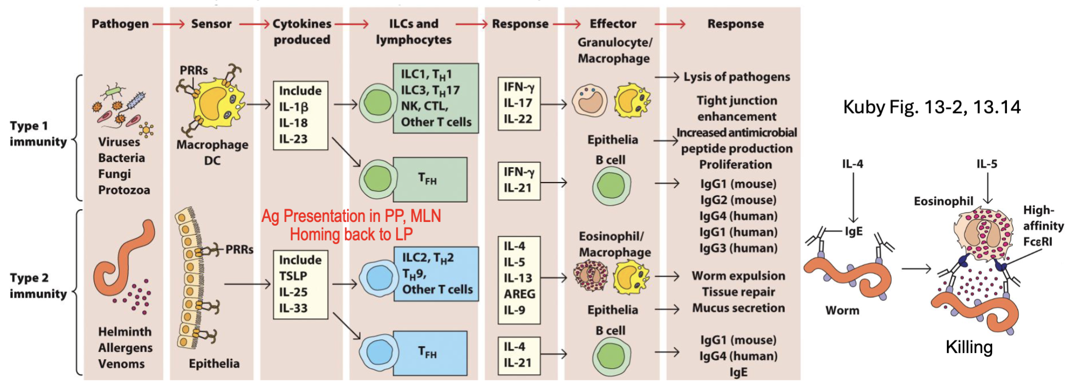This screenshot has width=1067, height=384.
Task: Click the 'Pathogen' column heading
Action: pos(120,24)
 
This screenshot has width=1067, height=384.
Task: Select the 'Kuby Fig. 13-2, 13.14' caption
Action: pos(931,107)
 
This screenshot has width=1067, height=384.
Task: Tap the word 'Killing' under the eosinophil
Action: pos(969,347)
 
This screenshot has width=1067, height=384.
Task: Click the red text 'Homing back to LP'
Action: pos(351,234)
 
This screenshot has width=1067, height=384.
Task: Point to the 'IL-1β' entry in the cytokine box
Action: pos(293,107)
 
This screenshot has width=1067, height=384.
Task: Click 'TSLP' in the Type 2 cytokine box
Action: pos(293,276)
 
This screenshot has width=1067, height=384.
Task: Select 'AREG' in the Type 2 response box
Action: pos(519,294)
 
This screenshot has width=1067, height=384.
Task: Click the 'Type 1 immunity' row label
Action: pos(38,134)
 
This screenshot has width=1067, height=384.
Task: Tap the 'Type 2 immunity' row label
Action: pos(38,286)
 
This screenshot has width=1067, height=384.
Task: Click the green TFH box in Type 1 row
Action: pos(429,179)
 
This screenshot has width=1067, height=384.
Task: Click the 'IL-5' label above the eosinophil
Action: pos(986,164)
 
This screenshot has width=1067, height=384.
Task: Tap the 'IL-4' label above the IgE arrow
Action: pos(852,164)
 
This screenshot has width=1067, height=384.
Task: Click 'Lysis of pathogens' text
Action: pos(736,77)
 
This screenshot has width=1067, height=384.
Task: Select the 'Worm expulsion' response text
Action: pos(738,276)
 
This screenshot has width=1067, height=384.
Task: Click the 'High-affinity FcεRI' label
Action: pos(1042,226)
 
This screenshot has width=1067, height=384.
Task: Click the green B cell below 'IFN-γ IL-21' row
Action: pos(611,185)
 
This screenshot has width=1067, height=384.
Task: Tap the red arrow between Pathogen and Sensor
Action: pos(169,24)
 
